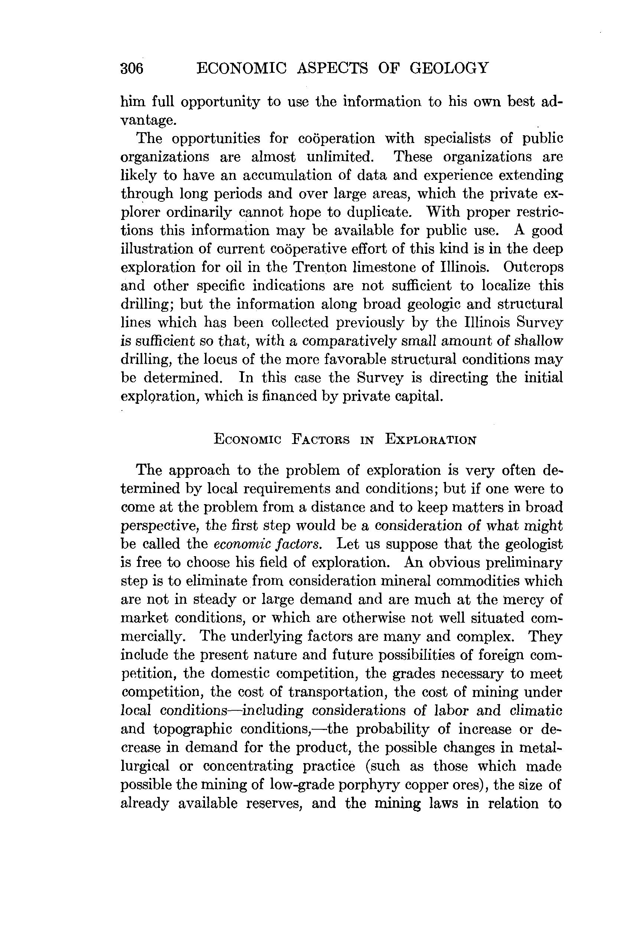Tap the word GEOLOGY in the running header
(x=449, y=68)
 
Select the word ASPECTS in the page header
(x=332, y=68)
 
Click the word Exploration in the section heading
(x=430, y=440)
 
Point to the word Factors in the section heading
(x=320, y=440)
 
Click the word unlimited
(x=340, y=157)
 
